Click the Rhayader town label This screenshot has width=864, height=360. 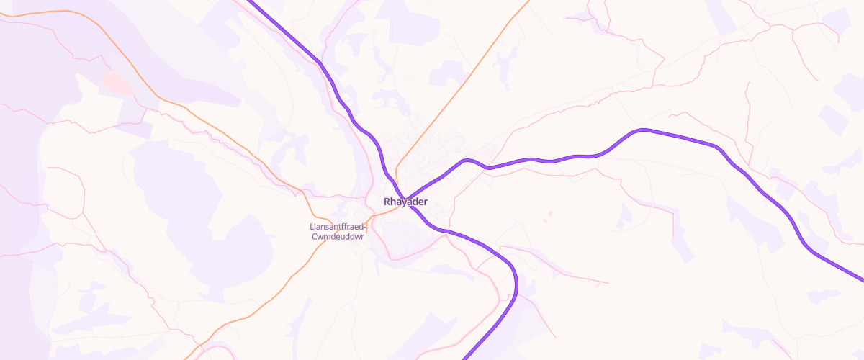[406, 202]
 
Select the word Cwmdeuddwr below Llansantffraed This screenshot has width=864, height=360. [338, 237]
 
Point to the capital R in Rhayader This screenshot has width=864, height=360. [389, 202]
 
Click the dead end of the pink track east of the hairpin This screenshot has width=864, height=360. [608, 283]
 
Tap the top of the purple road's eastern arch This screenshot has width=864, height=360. [643, 130]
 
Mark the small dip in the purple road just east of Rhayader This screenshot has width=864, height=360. [489, 168]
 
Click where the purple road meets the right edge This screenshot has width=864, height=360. [861, 279]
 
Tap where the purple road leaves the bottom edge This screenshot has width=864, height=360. [465, 357]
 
